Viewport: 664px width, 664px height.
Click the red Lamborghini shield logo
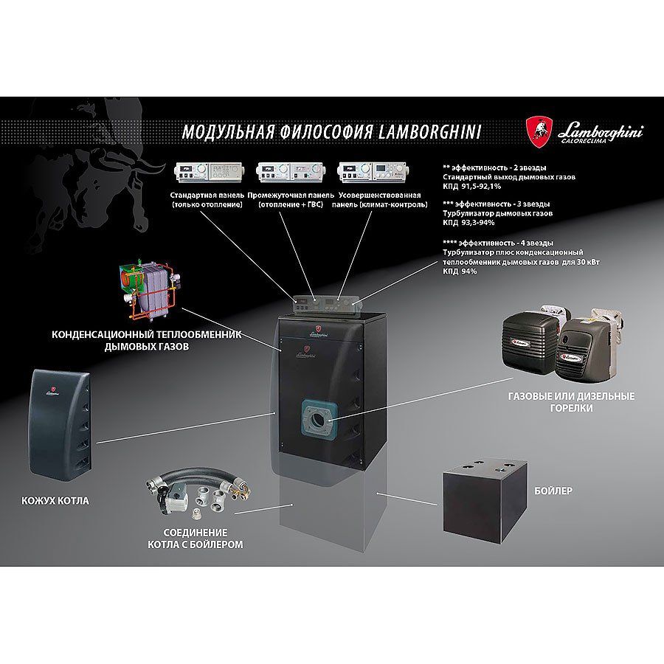(539, 133)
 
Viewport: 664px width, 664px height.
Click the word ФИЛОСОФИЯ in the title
(326, 132)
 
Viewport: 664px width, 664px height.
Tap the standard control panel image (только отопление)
(207, 173)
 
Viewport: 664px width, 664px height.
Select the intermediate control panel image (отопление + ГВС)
(291, 173)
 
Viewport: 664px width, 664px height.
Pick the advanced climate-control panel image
(373, 173)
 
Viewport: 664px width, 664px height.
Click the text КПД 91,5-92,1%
(471, 187)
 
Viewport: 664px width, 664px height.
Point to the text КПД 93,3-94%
(468, 223)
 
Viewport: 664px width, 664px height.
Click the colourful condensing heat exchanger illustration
(151, 291)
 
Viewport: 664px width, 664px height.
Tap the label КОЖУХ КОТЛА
(55, 500)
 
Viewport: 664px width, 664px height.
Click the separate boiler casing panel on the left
(60, 425)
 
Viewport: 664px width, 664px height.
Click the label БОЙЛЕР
(553, 491)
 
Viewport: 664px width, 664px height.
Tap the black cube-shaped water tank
(485, 501)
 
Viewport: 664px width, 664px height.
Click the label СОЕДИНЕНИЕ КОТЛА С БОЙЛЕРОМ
(196, 539)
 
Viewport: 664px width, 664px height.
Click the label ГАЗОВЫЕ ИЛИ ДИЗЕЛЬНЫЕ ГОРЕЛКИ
(571, 402)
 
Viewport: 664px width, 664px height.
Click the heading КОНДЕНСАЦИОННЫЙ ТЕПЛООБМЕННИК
(147, 334)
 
